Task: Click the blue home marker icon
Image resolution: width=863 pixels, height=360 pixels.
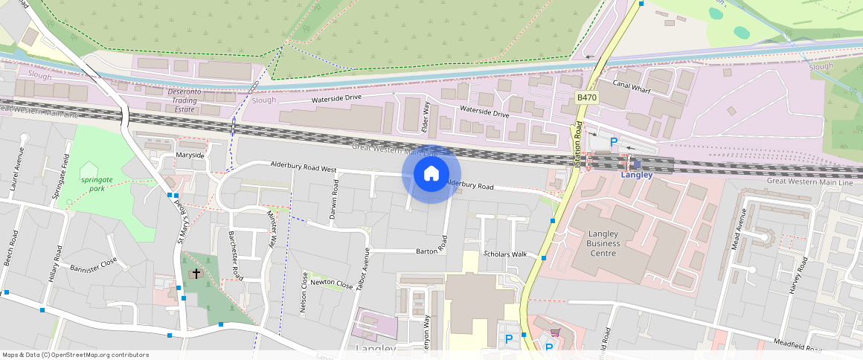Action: tap(431, 174)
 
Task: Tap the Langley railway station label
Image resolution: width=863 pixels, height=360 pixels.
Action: tap(636, 176)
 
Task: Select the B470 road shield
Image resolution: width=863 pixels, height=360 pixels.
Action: tap(587, 97)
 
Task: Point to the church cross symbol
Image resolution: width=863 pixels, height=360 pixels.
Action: tap(196, 274)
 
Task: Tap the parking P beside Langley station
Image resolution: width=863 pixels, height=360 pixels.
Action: tap(614, 142)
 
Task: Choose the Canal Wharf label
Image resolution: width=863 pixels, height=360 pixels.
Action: tap(632, 83)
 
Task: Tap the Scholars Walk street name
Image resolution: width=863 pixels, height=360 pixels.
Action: tap(505, 254)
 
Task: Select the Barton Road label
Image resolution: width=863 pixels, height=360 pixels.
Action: tap(444, 243)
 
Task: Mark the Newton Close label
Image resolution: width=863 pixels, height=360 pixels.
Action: tap(332, 284)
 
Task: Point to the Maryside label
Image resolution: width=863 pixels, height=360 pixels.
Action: tap(190, 155)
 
